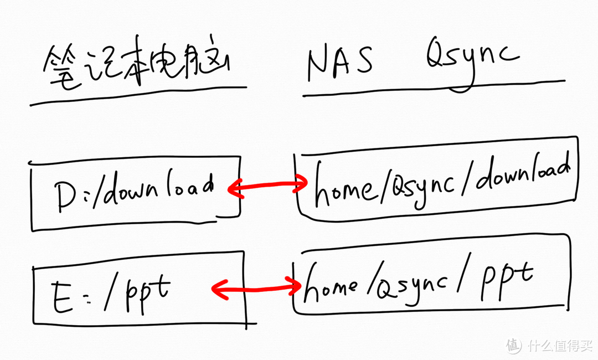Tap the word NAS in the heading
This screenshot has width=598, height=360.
click(340, 61)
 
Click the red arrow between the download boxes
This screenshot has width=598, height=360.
click(268, 187)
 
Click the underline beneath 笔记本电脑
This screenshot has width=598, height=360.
click(138, 96)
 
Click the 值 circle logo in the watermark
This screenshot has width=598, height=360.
click(514, 345)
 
